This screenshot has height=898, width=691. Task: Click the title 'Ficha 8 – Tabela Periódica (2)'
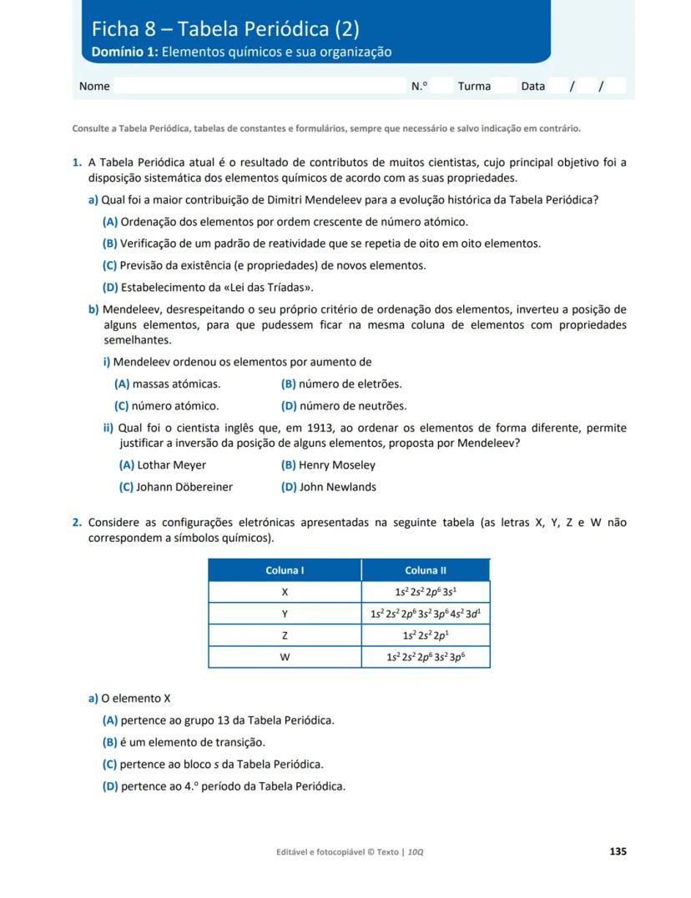pyautogui.click(x=225, y=29)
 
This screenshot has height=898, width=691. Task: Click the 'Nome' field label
pyautogui.click(x=94, y=86)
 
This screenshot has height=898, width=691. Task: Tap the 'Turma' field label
pyautogui.click(x=474, y=86)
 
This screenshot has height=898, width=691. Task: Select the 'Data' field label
pyautogui.click(x=532, y=86)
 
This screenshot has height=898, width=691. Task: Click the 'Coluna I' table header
pyautogui.click(x=285, y=570)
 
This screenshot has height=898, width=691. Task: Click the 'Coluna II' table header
pyautogui.click(x=426, y=570)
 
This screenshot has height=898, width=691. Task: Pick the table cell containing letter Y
pyautogui.click(x=285, y=614)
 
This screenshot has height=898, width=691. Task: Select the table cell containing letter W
pyautogui.click(x=285, y=657)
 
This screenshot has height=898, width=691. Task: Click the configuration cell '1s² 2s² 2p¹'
pyautogui.click(x=426, y=635)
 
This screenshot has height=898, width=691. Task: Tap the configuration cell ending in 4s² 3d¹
pyautogui.click(x=426, y=614)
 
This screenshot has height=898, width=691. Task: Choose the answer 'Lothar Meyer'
pyautogui.click(x=171, y=465)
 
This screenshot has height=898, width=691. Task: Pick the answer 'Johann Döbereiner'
pyautogui.click(x=184, y=487)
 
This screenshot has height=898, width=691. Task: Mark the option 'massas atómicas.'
pyautogui.click(x=176, y=384)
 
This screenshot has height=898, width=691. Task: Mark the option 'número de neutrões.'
pyautogui.click(x=352, y=406)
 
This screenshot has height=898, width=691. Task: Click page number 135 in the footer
pyautogui.click(x=618, y=851)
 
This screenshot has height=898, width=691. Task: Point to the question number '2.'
pyautogui.click(x=77, y=523)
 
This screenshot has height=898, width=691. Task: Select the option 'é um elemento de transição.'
pyautogui.click(x=193, y=742)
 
